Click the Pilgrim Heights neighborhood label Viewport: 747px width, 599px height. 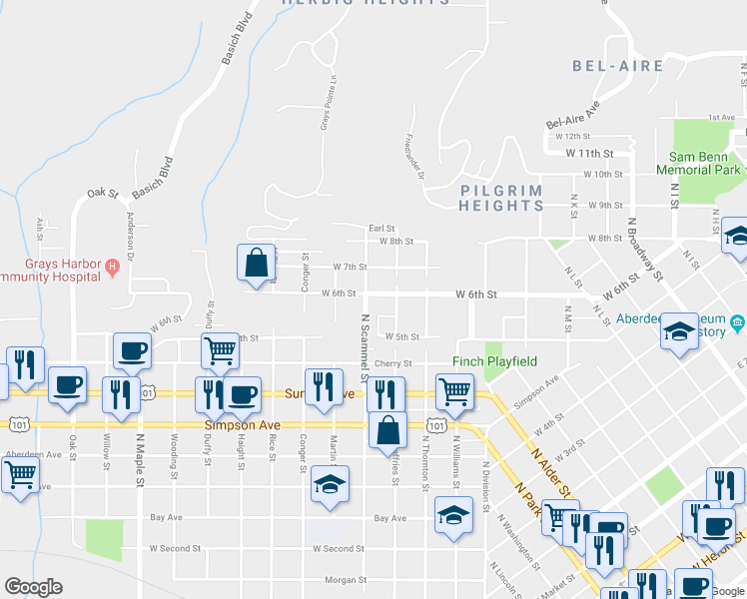point(501,198)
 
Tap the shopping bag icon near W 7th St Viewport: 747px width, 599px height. point(256,263)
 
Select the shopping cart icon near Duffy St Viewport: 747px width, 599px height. point(220,349)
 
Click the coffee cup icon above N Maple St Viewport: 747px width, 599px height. point(132,349)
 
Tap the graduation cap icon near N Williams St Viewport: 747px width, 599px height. point(453,515)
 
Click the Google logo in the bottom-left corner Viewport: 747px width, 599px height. point(33,587)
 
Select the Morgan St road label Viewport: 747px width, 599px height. point(346,580)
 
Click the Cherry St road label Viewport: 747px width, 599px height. point(393,364)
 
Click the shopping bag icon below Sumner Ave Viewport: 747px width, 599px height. point(387,431)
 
